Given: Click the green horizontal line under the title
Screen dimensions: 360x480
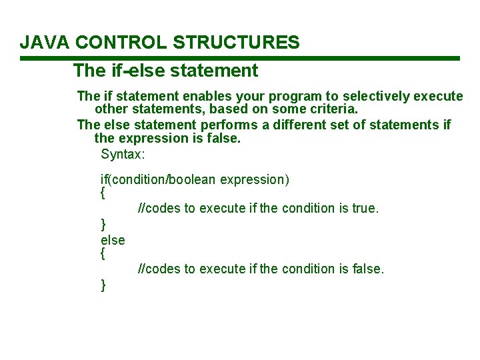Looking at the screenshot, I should [240, 59].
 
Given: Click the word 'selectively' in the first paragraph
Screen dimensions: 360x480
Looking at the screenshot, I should [362, 96].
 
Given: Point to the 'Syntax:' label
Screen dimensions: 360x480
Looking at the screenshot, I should [123, 154].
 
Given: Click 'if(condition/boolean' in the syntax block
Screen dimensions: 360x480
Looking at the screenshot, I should [159, 179].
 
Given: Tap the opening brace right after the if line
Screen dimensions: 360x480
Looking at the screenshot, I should [103, 194].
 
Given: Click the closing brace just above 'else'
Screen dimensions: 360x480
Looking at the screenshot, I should [103, 224].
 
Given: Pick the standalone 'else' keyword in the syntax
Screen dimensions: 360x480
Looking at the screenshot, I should [113, 239].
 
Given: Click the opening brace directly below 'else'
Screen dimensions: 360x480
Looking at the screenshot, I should [103, 254].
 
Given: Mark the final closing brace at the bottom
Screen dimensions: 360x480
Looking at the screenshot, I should [103, 285].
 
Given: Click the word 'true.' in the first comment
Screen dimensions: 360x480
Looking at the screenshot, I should [365, 208].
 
